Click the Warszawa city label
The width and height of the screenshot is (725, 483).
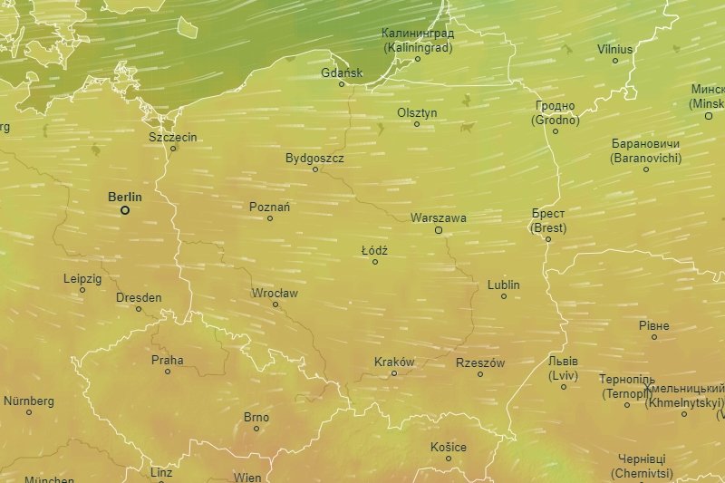(x=439, y=218)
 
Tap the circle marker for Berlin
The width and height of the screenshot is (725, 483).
(x=125, y=210)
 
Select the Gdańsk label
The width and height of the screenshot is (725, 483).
(x=342, y=72)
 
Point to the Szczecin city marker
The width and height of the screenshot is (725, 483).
(x=173, y=149)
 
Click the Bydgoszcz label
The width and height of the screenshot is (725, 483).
(x=314, y=158)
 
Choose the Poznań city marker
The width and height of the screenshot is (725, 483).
(x=270, y=218)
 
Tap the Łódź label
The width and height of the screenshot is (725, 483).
(x=374, y=249)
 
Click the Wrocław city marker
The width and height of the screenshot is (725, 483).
(x=275, y=304)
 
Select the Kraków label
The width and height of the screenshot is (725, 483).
(x=394, y=362)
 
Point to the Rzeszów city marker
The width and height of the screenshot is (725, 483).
(x=480, y=374)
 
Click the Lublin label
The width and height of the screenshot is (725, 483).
(x=504, y=285)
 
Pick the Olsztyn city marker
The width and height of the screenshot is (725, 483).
(x=417, y=124)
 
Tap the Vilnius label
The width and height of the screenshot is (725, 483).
(x=615, y=49)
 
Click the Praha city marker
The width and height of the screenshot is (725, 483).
(x=168, y=372)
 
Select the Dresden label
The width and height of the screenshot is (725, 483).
(x=139, y=297)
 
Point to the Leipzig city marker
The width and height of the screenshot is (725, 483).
(x=82, y=290)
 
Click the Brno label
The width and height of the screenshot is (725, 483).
(x=256, y=418)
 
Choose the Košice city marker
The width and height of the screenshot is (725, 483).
(x=449, y=459)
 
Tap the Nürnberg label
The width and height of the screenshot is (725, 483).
(x=29, y=401)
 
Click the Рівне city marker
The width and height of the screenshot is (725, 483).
(x=654, y=337)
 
